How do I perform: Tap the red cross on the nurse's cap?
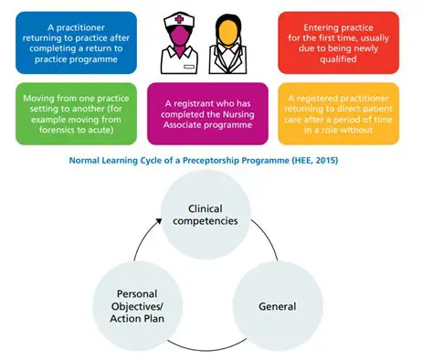180,20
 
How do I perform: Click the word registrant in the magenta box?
191,106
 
